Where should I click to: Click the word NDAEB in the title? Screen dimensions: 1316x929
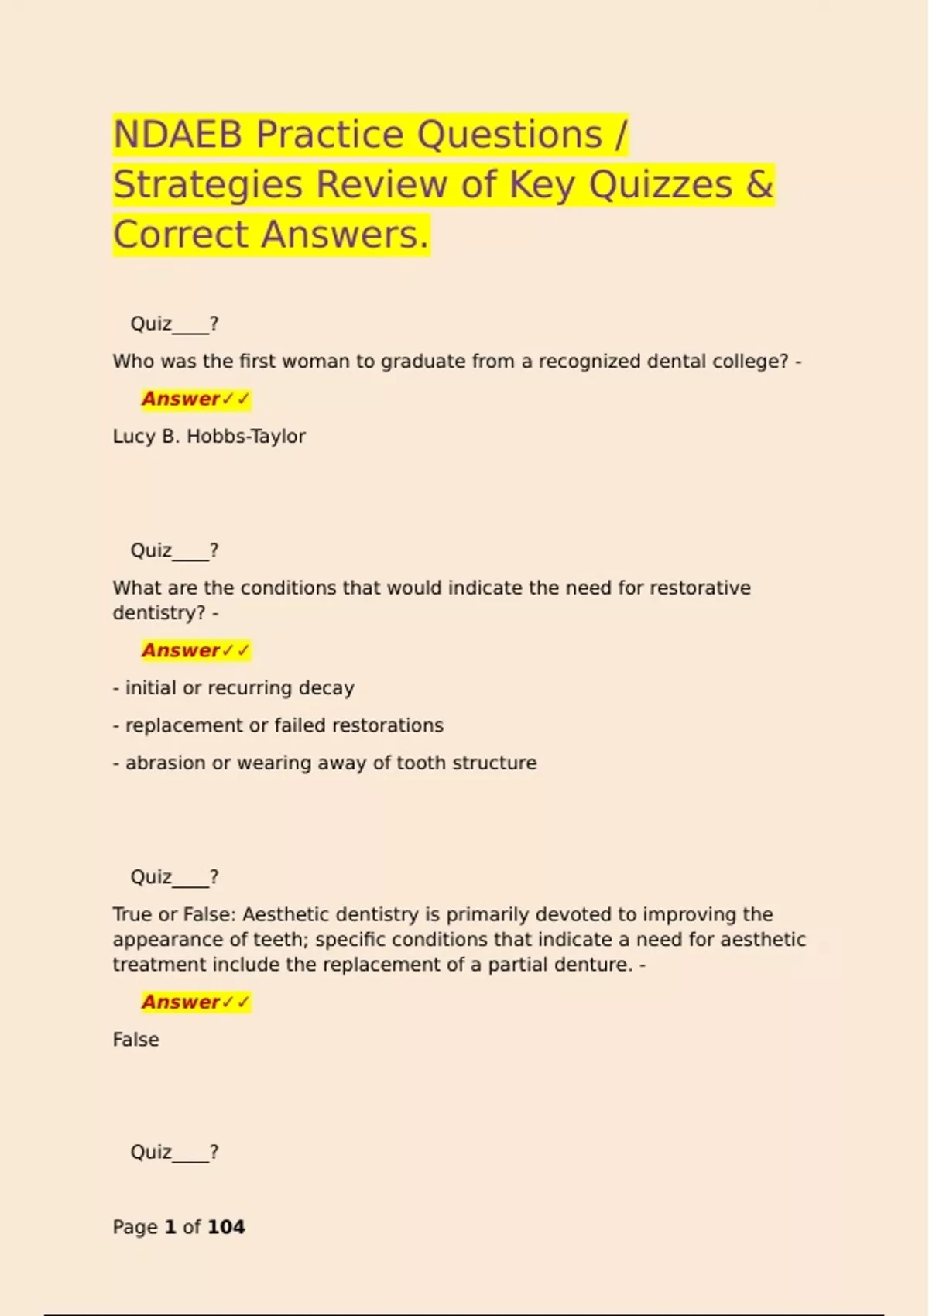tap(177, 135)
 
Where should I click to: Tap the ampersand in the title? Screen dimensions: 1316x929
tap(759, 185)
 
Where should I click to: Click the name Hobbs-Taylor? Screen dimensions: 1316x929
tap(245, 437)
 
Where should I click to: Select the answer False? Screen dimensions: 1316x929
tap(135, 1040)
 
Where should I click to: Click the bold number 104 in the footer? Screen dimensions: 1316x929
tap(226, 1227)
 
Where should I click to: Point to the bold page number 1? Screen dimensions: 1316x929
tap(170, 1227)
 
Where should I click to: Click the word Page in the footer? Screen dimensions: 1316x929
tap(135, 1227)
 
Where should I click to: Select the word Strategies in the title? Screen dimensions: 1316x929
tap(207, 185)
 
